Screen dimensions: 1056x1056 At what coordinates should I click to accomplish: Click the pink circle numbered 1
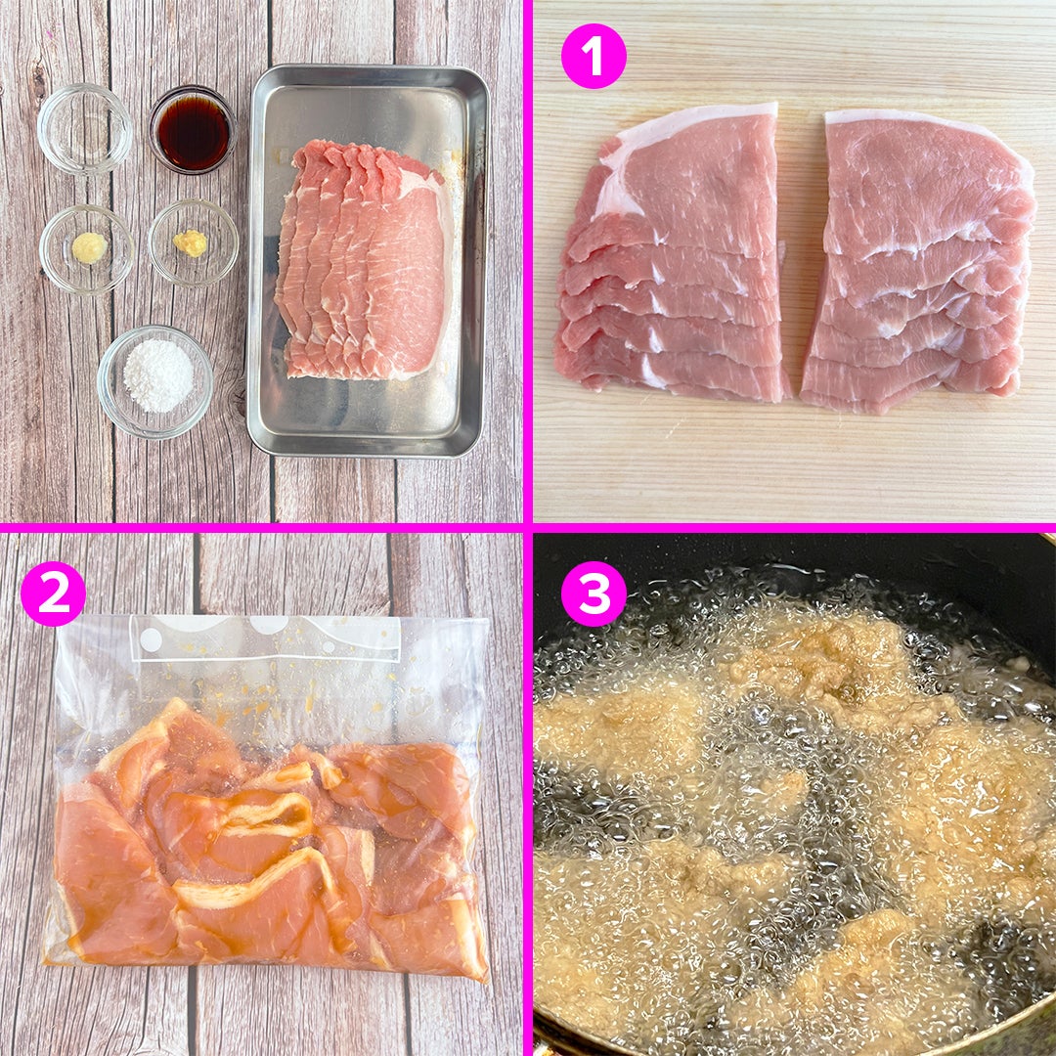pos(594,56)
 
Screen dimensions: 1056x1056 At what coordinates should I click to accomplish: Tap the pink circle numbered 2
pos(53,594)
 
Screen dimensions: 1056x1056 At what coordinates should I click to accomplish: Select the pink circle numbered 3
pos(594,594)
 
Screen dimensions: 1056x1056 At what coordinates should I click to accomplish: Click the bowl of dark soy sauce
pos(194,129)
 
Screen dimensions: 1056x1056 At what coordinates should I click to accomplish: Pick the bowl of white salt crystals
pos(155,381)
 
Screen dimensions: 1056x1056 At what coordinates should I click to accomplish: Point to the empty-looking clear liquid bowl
pos(85,128)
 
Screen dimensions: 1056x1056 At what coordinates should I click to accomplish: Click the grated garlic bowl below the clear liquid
pos(86,249)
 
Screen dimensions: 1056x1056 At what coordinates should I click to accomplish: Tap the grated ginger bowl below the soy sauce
pos(194,242)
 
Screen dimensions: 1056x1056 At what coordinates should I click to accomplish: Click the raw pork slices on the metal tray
pos(364,259)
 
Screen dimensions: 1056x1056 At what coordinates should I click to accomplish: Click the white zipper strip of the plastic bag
pos(266,638)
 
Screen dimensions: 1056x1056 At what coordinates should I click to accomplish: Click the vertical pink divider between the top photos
pos(527,261)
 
